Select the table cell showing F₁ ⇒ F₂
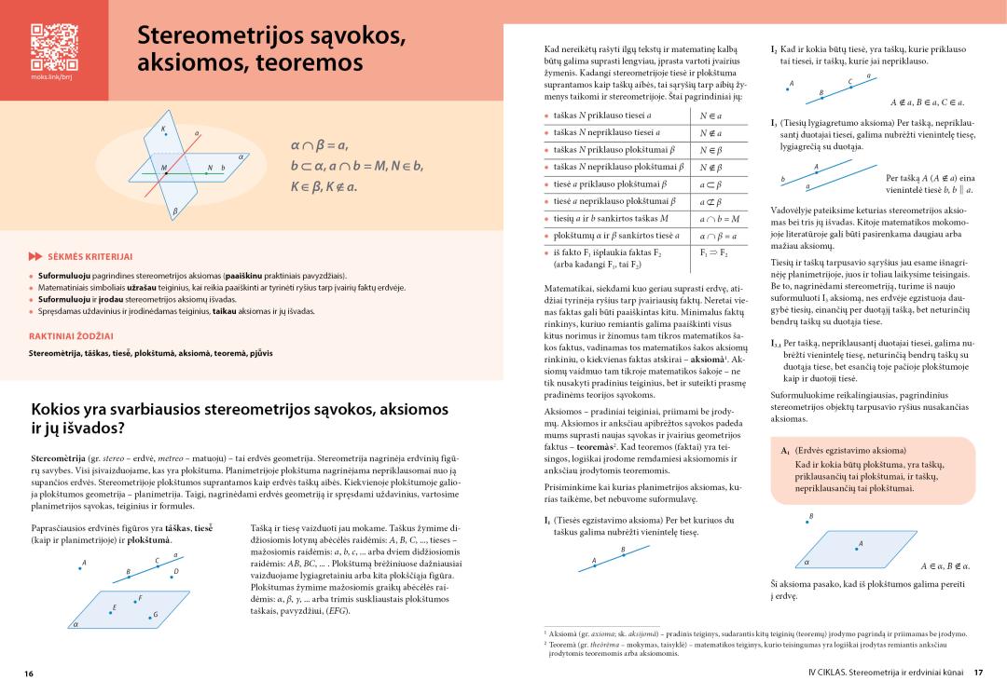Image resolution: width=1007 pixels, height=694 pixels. click(713, 252)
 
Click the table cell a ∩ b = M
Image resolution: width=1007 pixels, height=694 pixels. click(719, 218)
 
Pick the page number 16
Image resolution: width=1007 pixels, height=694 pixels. click(30, 673)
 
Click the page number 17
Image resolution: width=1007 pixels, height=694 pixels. click(978, 672)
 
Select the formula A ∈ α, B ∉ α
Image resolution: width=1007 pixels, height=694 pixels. click(945, 565)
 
